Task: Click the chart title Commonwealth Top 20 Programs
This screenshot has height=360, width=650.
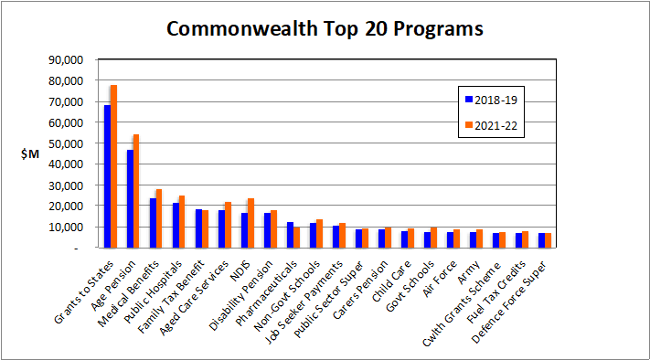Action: pyautogui.click(x=325, y=28)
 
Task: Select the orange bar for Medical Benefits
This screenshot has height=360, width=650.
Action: pyautogui.click(x=159, y=218)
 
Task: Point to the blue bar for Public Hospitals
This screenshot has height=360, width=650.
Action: pyautogui.click(x=176, y=225)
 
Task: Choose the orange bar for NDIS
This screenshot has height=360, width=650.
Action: pyautogui.click(x=250, y=223)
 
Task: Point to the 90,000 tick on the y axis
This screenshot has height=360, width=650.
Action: pyautogui.click(x=65, y=59)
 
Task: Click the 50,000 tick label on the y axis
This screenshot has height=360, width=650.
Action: pyautogui.click(x=65, y=143)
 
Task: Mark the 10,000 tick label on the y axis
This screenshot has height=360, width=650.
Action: pyautogui.click(x=65, y=227)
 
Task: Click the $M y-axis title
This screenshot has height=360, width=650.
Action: pyautogui.click(x=29, y=154)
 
